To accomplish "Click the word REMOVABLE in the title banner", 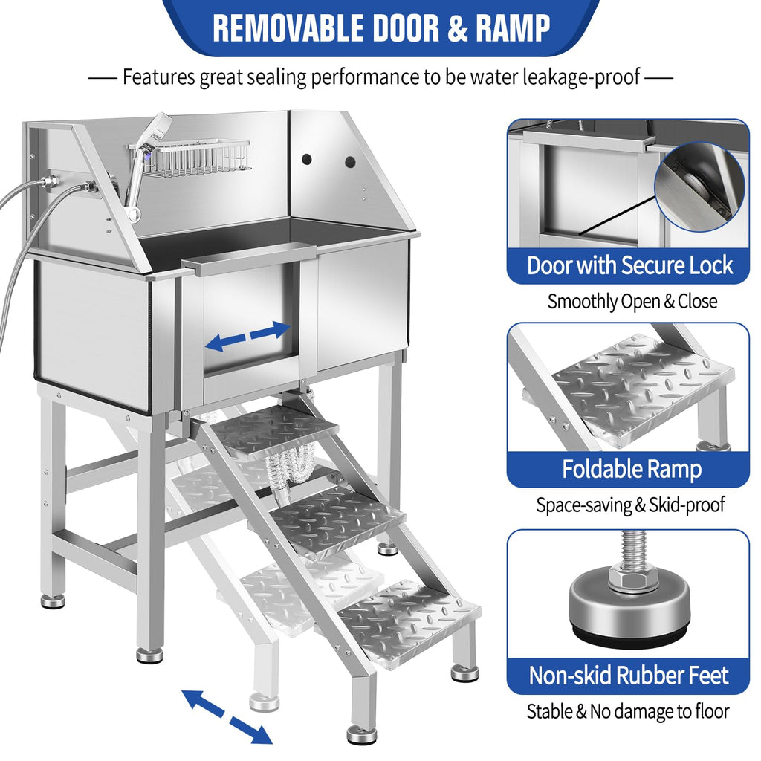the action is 288,27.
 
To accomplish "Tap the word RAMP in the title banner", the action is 513,27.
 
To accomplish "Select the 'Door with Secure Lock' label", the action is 629,265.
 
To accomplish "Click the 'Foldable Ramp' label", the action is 632,470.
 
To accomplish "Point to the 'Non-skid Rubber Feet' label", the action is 629,675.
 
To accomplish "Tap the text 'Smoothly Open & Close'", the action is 632,302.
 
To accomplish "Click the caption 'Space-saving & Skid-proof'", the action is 630,505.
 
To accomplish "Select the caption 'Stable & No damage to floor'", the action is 628,711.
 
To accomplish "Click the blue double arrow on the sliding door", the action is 247,336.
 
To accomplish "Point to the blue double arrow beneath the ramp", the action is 227,716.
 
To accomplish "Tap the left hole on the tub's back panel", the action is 307,159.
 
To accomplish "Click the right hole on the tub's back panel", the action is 351,162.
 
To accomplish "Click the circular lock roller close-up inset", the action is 699,187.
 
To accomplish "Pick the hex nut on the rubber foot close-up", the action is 629,578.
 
